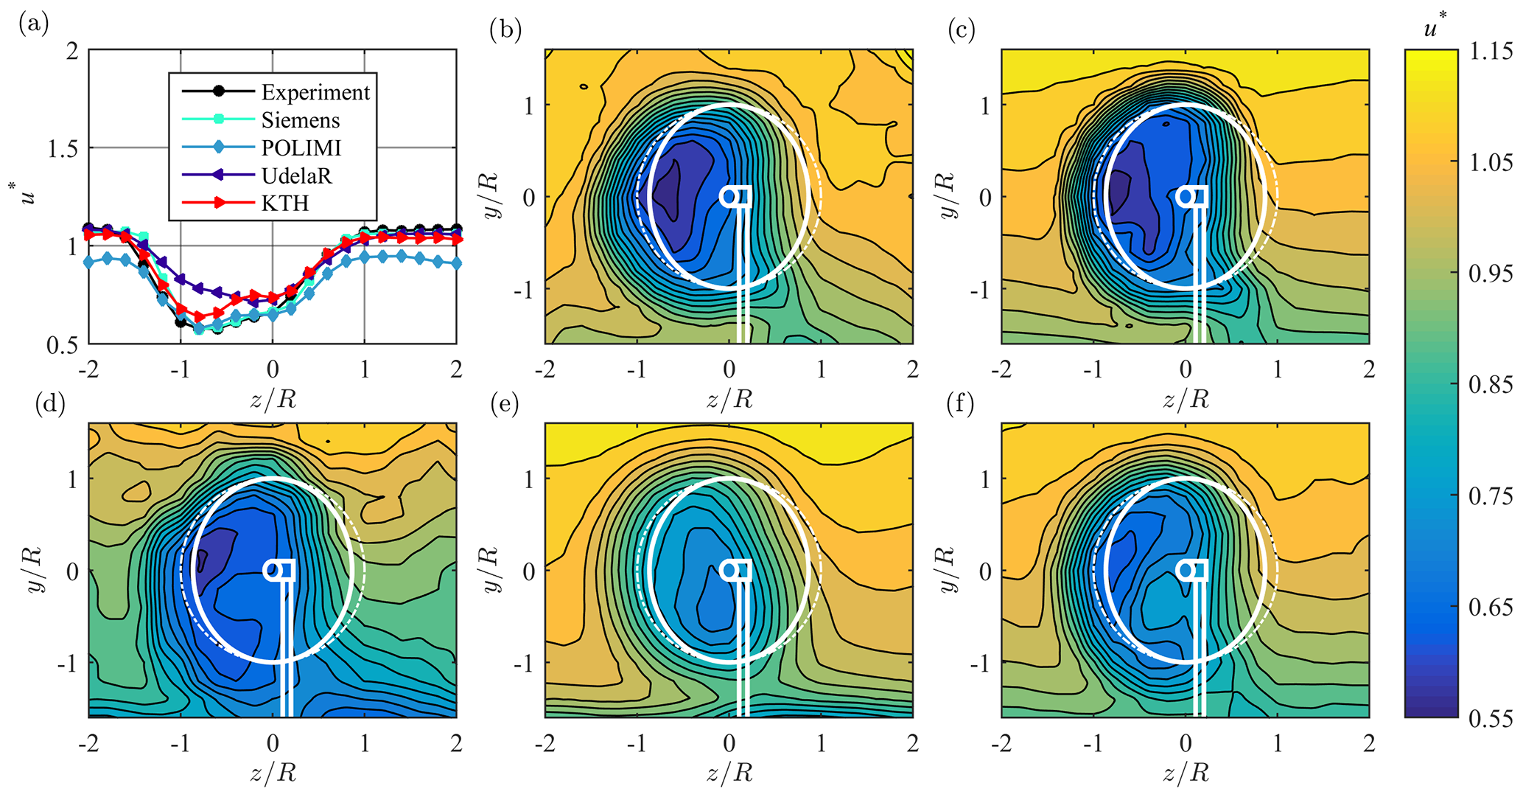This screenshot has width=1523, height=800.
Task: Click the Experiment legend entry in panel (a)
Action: click(x=315, y=92)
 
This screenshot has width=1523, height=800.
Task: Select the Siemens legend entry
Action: click(x=300, y=120)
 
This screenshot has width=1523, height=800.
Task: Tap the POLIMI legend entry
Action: click(x=301, y=148)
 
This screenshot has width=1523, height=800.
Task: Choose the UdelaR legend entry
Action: click(x=296, y=176)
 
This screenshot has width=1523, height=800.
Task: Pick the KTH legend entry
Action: click(x=284, y=204)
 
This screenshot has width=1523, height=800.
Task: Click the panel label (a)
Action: click(x=35, y=24)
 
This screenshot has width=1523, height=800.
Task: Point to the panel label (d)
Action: click(x=50, y=403)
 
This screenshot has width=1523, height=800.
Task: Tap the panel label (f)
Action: click(x=962, y=403)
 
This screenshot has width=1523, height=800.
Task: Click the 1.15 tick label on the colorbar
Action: click(x=1491, y=51)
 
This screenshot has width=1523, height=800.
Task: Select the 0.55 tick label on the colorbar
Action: click(x=1491, y=718)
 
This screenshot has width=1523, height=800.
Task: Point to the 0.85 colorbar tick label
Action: click(x=1491, y=385)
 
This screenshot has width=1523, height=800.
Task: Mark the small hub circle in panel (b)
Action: click(x=729, y=196)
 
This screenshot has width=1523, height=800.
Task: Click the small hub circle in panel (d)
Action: click(x=273, y=570)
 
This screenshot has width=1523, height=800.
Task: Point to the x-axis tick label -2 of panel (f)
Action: click(x=1001, y=743)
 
